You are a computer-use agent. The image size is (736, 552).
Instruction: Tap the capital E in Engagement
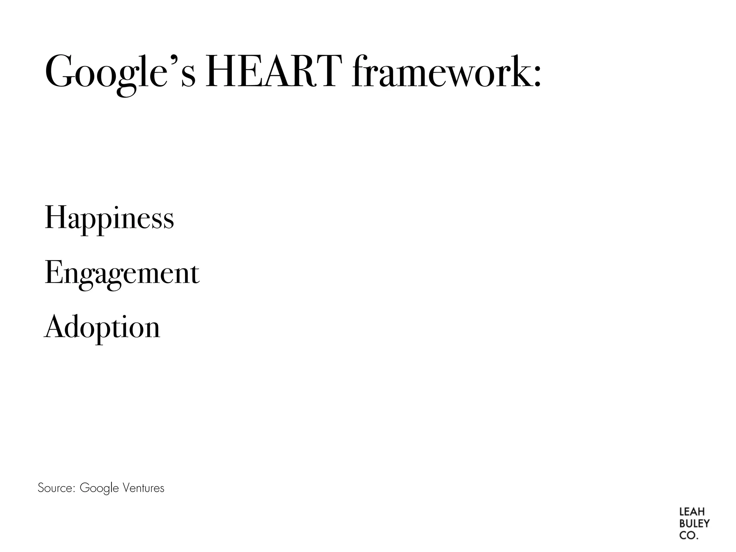coord(52,272)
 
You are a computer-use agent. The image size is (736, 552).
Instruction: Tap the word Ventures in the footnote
coord(143,488)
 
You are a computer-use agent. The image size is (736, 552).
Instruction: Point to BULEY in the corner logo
coord(694,524)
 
